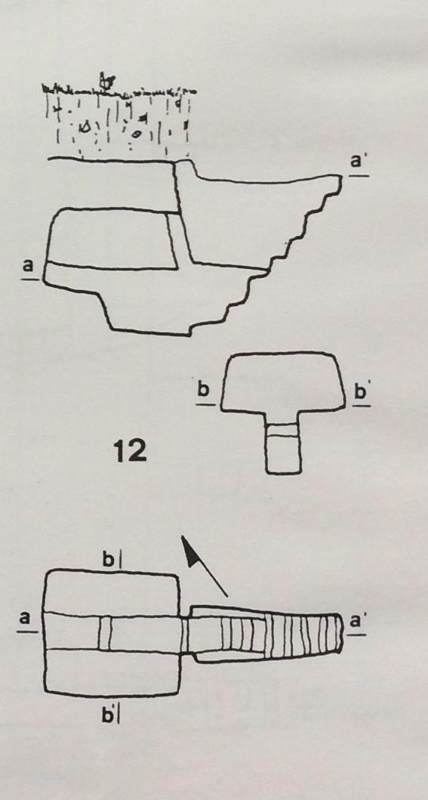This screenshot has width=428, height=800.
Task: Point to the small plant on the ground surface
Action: (x=106, y=80)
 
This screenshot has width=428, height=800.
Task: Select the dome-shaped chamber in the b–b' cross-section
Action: (x=282, y=381)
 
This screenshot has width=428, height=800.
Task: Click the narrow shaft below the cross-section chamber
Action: (x=283, y=443)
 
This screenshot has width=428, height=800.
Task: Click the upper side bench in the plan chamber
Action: (x=112, y=592)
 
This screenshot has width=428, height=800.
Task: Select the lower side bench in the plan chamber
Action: (x=112, y=672)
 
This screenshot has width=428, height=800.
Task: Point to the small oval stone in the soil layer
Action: (x=137, y=134)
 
